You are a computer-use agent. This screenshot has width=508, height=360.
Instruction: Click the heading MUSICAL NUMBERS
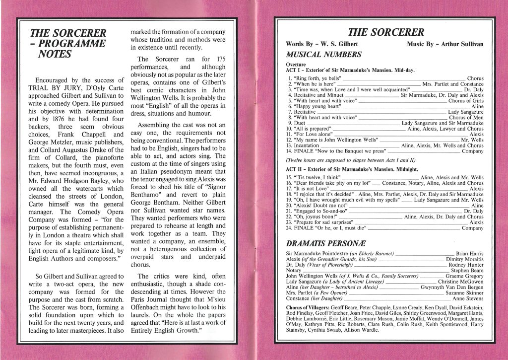coord(323,55)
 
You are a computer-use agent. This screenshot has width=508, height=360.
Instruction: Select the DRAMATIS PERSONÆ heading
coord(323,243)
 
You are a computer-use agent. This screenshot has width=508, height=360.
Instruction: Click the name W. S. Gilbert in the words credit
coord(340,44)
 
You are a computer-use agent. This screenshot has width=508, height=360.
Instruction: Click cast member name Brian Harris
coord(469,254)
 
